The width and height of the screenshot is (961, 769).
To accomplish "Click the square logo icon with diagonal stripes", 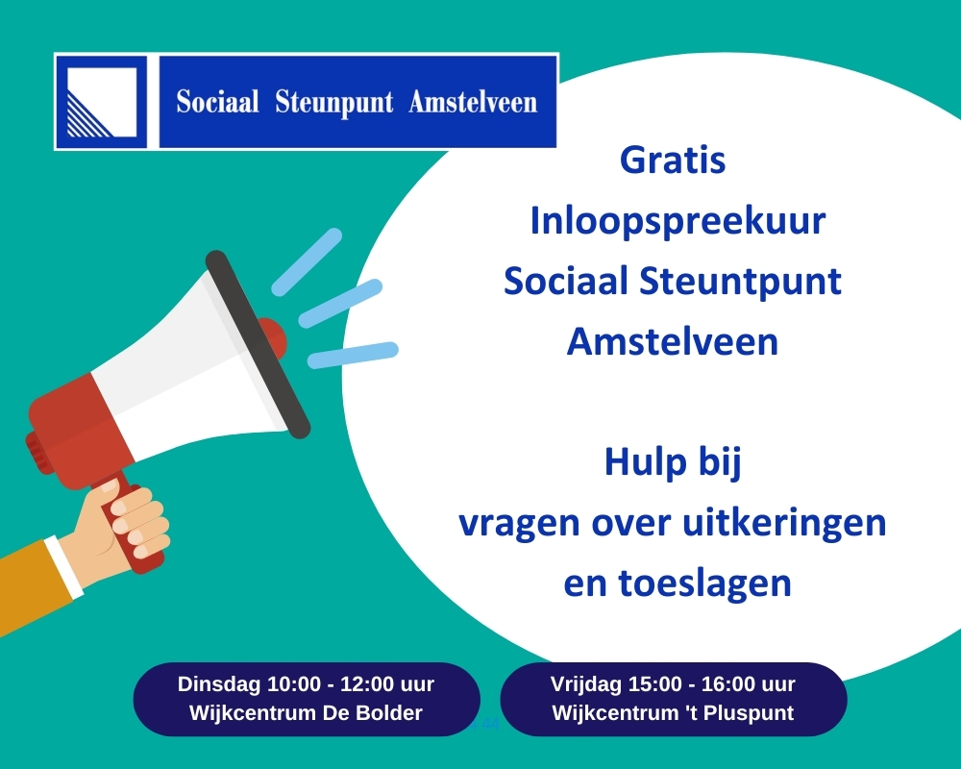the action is [x=101, y=102].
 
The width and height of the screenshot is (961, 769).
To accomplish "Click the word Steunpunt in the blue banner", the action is [x=334, y=103].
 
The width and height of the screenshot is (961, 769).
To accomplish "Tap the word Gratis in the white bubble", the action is [x=673, y=161].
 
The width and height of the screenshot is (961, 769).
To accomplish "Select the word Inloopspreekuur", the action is [x=678, y=222].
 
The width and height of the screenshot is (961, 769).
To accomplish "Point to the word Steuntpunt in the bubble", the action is [x=740, y=282].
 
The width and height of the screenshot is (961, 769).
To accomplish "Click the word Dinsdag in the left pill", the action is [x=219, y=684].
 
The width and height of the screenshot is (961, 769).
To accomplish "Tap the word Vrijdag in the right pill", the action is [x=585, y=684].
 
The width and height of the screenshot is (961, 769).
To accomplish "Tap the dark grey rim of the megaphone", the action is [x=258, y=344].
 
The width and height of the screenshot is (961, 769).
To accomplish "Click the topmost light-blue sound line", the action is [x=307, y=261].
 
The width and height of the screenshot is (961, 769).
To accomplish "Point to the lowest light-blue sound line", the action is [x=353, y=355].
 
